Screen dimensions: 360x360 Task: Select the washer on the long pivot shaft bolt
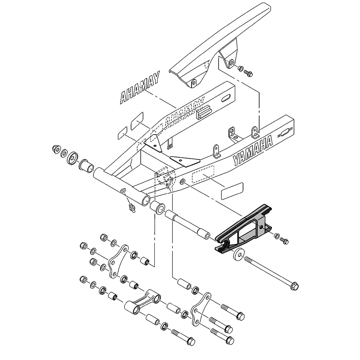pyautogui.click(x=238, y=255)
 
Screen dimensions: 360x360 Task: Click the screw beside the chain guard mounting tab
pyautogui.click(x=248, y=73)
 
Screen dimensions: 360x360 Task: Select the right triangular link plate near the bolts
pyautogui.click(x=200, y=310)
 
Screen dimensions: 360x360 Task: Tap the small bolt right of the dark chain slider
pyautogui.click(x=285, y=241)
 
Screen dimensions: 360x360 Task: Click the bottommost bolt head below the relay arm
pyautogui.click(x=189, y=341)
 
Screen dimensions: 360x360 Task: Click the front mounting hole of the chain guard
pyautogui.click(x=194, y=83)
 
